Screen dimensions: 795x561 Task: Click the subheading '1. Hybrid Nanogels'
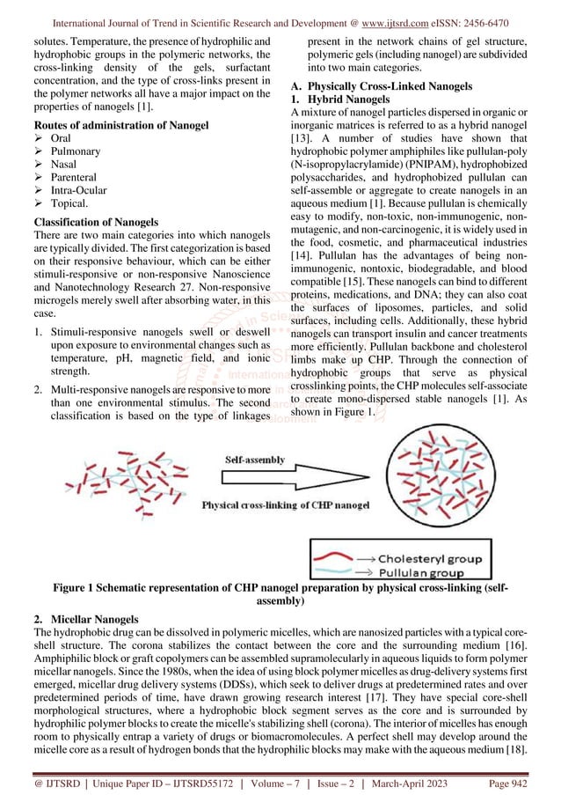[x=340, y=100]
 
